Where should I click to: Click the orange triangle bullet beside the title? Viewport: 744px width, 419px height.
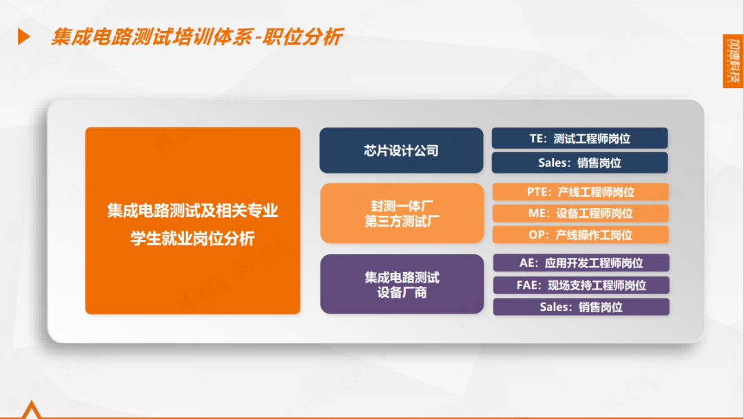point(23,37)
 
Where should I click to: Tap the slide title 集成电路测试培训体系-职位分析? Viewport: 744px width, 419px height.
point(197,37)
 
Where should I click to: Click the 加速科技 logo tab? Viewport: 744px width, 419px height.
point(733,61)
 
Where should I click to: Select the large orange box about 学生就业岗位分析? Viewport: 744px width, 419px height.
point(193,221)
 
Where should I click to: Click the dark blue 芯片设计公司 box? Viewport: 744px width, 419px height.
point(402,150)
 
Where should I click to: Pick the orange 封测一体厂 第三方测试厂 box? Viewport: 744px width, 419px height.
point(402,213)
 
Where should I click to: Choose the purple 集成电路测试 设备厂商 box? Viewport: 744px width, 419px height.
point(402,284)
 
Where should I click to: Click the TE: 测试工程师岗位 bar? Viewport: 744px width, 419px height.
point(580,138)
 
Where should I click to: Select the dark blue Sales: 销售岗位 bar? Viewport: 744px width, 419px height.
point(580,163)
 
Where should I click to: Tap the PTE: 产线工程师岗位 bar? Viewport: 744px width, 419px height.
point(580,192)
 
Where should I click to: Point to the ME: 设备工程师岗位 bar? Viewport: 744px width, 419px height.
point(580,213)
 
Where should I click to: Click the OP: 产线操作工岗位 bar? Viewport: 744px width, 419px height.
point(580,235)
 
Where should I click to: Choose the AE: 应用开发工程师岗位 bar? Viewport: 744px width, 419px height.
point(581,263)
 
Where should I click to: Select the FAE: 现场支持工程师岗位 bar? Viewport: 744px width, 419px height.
point(581,285)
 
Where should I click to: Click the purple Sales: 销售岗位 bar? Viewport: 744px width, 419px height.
point(581,307)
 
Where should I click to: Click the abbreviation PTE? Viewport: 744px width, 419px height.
point(537,192)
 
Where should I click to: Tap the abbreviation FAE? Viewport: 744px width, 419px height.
point(527,285)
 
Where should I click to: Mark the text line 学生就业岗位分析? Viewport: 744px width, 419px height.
point(193,238)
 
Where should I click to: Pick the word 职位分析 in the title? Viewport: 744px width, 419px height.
point(302,37)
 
